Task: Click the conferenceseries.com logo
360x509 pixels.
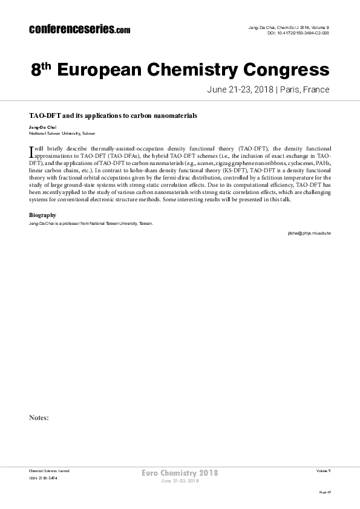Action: [79, 29]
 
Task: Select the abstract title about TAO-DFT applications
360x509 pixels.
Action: [114, 114]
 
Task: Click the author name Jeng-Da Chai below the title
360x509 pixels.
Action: [42, 128]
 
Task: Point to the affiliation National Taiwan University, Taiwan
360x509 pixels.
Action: [62, 133]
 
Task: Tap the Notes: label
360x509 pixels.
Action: [39, 418]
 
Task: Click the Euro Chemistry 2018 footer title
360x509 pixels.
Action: [180, 472]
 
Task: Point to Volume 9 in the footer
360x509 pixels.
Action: [323, 470]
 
